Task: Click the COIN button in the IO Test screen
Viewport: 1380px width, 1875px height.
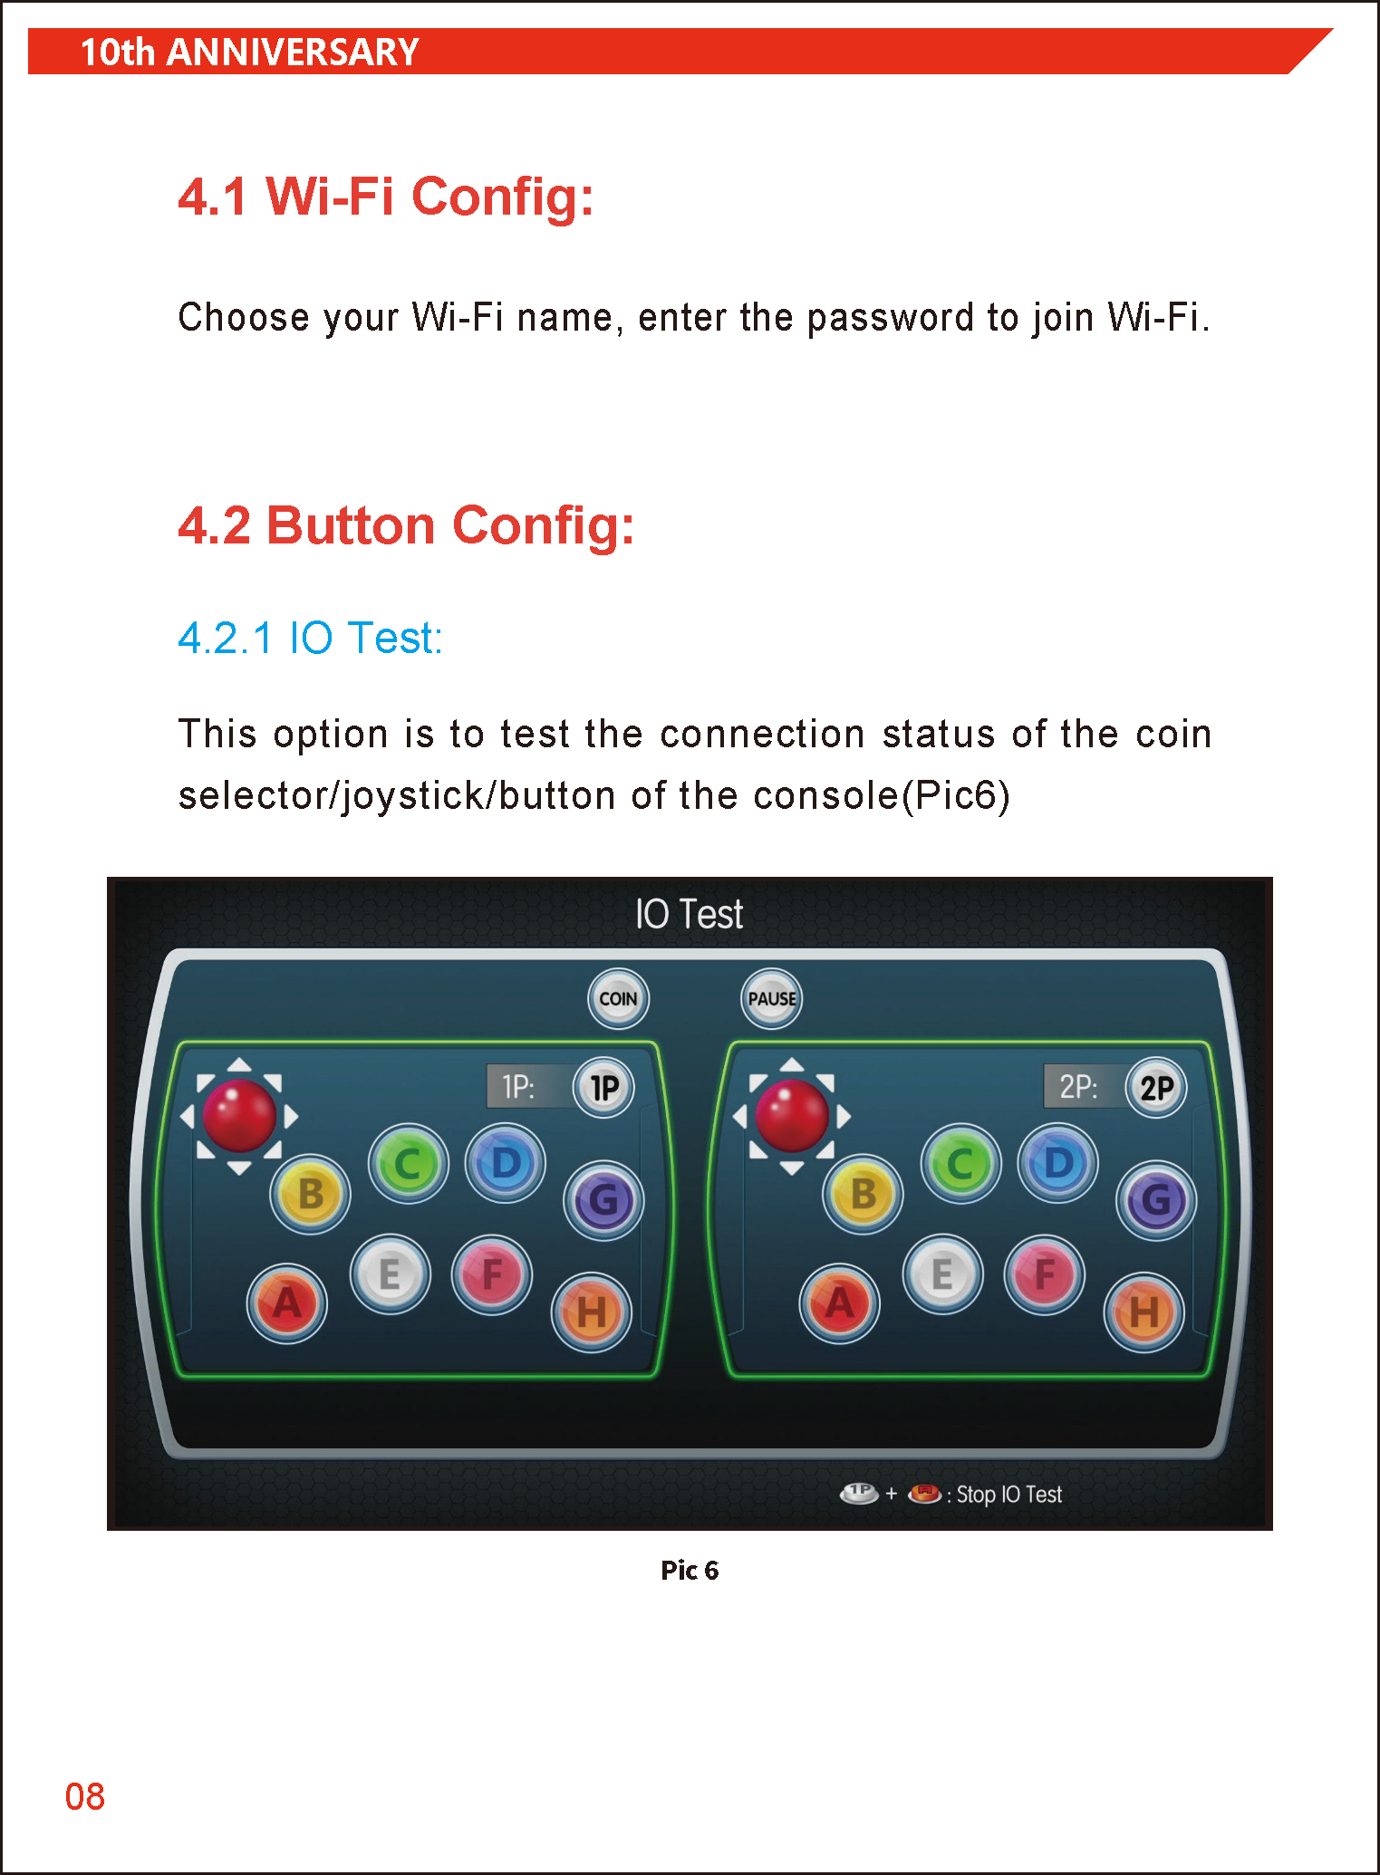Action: point(618,998)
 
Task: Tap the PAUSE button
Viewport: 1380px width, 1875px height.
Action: point(771,998)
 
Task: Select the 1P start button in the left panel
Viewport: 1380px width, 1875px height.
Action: point(603,1087)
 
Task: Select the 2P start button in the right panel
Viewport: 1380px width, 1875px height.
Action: point(1156,1087)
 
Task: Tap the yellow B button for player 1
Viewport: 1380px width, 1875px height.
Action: point(311,1194)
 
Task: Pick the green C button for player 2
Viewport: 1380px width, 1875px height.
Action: point(960,1164)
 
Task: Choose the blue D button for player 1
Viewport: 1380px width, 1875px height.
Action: point(506,1163)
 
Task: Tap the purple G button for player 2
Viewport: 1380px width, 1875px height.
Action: point(1156,1200)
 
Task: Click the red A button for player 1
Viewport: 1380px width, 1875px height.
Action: point(287,1303)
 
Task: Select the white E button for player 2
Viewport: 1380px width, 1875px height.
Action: point(942,1274)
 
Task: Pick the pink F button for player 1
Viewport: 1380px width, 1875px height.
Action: point(492,1274)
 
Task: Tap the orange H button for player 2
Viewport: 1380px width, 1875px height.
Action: point(1144,1312)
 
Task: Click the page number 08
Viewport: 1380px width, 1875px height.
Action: point(84,1797)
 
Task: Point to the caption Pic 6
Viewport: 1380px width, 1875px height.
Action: point(690,1570)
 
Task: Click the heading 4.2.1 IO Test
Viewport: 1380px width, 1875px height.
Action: point(310,638)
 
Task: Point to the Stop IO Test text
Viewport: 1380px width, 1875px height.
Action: point(1009,1495)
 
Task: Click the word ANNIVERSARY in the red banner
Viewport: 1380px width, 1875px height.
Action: point(293,52)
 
